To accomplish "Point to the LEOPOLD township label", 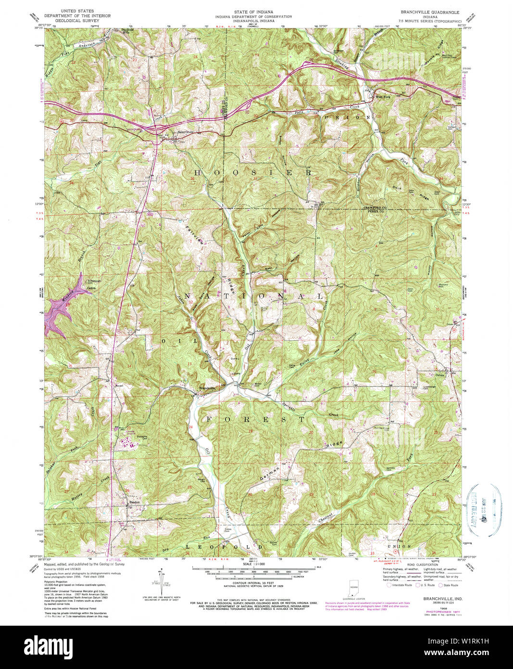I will [x=225, y=547].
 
